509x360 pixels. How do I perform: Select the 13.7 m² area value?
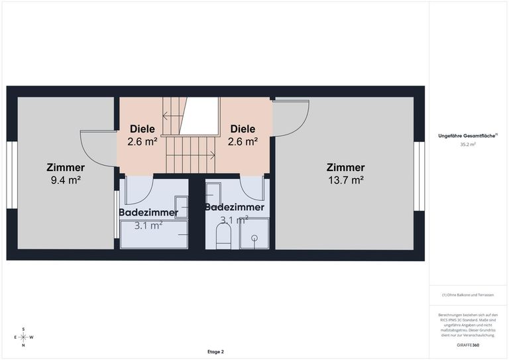coord(346,180)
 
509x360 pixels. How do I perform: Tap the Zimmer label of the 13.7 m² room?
coord(346,167)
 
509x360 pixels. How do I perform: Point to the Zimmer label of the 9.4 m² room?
coord(66,167)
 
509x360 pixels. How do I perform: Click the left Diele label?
coord(142,129)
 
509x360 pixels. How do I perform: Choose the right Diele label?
coord(243,129)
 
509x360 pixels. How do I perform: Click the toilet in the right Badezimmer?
coord(223,235)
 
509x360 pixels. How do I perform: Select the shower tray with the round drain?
coord(254,237)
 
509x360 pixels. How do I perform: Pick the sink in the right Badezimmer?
coord(213,194)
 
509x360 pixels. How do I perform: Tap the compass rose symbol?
coord(23,337)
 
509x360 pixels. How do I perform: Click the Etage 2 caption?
coord(215,352)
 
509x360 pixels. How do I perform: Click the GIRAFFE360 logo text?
coord(468,345)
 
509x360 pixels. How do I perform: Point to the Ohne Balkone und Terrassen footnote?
coord(468,294)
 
